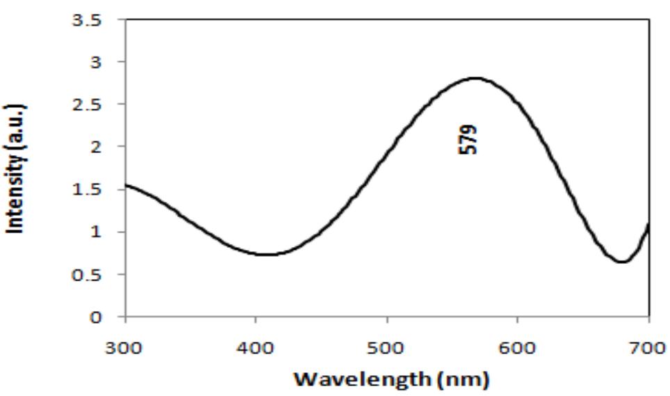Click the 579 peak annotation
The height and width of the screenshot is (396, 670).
[471, 139]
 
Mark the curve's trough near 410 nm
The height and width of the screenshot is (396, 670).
[268, 254]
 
